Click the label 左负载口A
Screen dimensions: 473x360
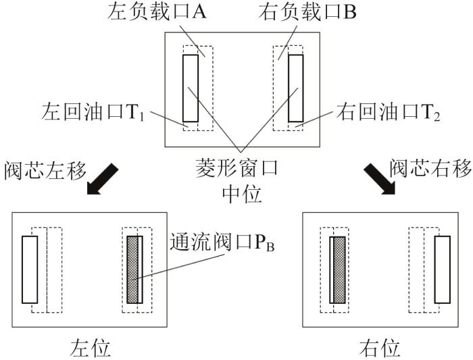157,12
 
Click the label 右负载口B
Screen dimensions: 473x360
307,12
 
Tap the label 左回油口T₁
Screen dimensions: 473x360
93,112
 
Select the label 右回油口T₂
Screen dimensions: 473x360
388,112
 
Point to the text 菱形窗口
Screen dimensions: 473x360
236,168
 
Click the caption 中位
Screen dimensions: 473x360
242,194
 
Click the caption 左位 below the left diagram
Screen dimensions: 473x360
90,349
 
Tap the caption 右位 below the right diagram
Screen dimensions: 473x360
380,349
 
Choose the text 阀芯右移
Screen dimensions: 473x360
430,168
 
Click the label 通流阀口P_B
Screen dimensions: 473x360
222,242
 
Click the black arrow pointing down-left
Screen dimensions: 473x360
102,179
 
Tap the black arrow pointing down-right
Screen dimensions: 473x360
380,179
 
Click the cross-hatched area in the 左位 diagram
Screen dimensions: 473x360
132,269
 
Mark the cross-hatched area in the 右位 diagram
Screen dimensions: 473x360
339,269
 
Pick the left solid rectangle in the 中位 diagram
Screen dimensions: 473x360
191,88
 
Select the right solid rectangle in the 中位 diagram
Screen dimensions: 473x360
296,88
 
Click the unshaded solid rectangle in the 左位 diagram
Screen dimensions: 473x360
30,269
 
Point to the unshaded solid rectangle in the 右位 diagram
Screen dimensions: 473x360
443,269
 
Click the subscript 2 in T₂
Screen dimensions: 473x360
437,117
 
